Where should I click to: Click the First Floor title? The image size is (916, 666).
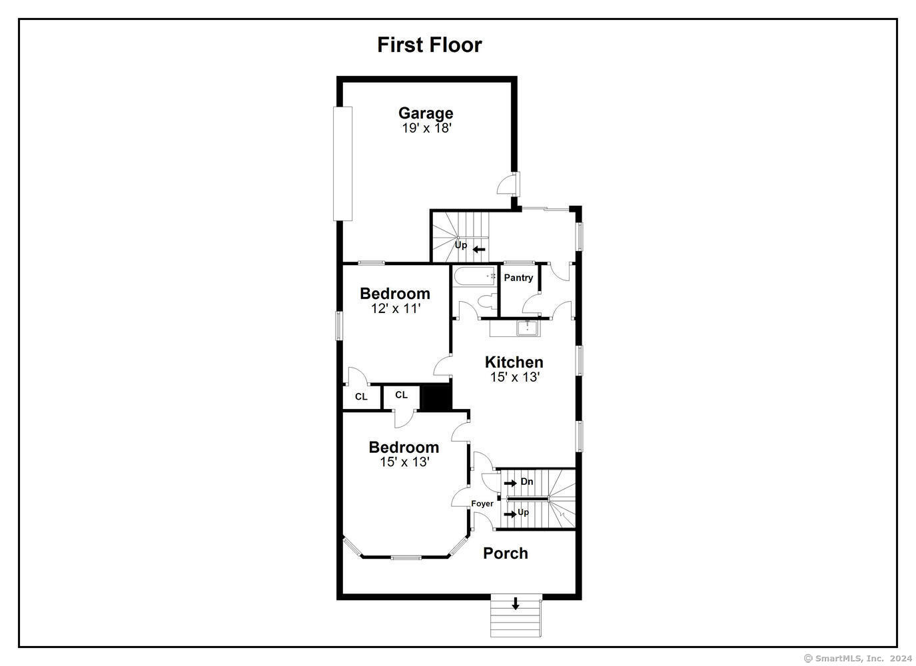429,45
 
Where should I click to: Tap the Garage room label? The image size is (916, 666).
426,113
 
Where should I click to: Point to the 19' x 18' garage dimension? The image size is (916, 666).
426,128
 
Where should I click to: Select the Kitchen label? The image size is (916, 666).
514,362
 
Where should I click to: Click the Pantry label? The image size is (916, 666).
518,278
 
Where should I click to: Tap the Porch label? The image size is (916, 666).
506,553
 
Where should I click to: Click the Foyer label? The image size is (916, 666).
482,503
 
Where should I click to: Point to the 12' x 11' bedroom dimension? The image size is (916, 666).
396,308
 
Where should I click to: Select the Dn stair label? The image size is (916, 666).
527,482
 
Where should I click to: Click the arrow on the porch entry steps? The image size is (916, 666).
515,603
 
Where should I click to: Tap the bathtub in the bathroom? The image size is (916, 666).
474,276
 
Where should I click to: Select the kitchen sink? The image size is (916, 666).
528,328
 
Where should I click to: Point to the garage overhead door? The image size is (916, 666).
342,164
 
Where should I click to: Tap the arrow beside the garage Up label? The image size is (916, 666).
479,249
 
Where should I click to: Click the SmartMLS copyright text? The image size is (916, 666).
857,658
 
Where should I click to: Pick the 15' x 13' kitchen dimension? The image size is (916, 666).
515,376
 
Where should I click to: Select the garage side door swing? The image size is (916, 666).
507,184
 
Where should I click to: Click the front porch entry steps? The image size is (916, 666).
516,615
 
